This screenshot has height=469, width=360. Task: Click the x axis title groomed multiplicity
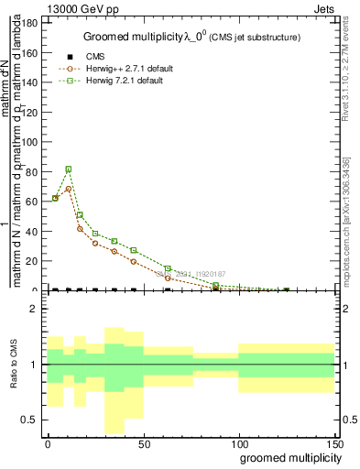pos(286,457)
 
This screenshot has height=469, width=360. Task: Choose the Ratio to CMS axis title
pos(13,364)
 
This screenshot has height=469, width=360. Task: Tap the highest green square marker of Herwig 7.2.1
pos(69,169)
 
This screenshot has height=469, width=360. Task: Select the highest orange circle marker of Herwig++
pos(69,189)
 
